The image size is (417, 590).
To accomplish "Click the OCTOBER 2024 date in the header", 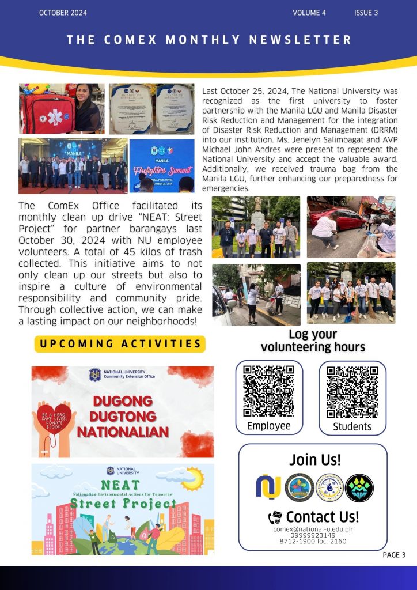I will (63, 13).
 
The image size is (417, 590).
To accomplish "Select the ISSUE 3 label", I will (366, 13).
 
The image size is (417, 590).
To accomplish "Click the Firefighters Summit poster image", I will (162, 165).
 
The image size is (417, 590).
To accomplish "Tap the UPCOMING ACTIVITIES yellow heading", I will (120, 344).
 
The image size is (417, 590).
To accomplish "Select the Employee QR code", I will (269, 391).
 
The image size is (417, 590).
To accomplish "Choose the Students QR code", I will (352, 392).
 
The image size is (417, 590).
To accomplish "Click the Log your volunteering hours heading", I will (313, 341).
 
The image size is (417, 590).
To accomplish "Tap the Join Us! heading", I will (315, 460).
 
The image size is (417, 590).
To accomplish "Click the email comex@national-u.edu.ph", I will (313, 529).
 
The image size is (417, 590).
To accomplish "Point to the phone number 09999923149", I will (313, 535).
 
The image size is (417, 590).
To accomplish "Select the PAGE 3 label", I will (395, 555).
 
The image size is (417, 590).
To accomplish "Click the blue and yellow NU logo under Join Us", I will (268, 487).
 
